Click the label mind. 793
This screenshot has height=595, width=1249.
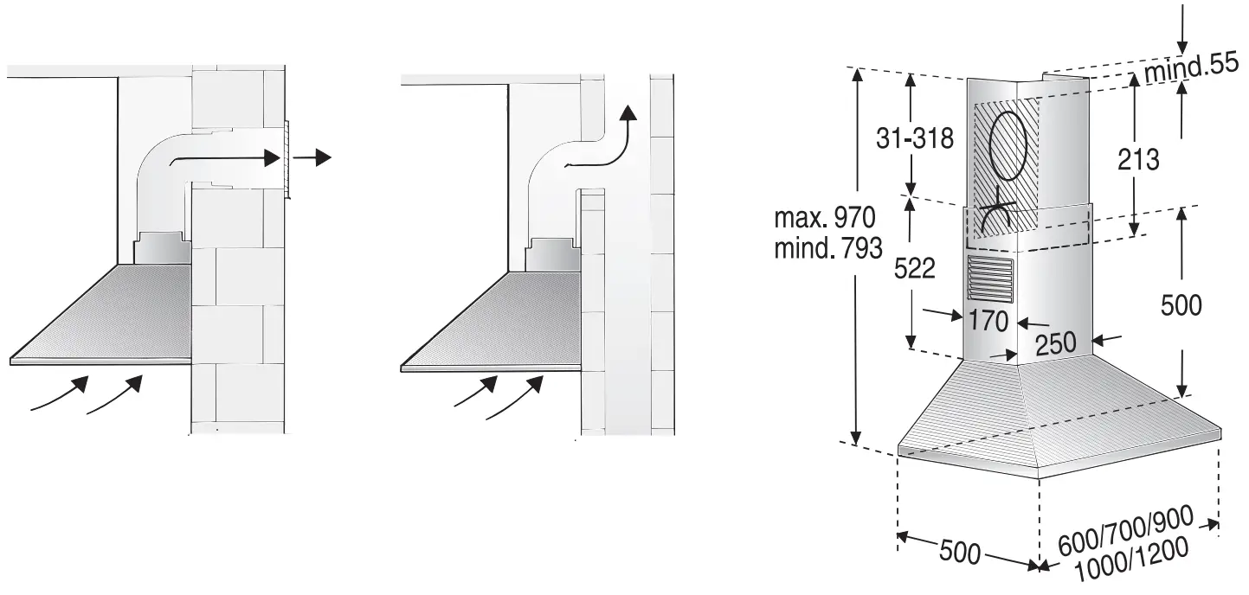829,250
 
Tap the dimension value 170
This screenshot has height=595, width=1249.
989,322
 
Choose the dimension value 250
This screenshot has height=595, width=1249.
1055,343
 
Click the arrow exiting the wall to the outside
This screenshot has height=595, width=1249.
312,157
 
